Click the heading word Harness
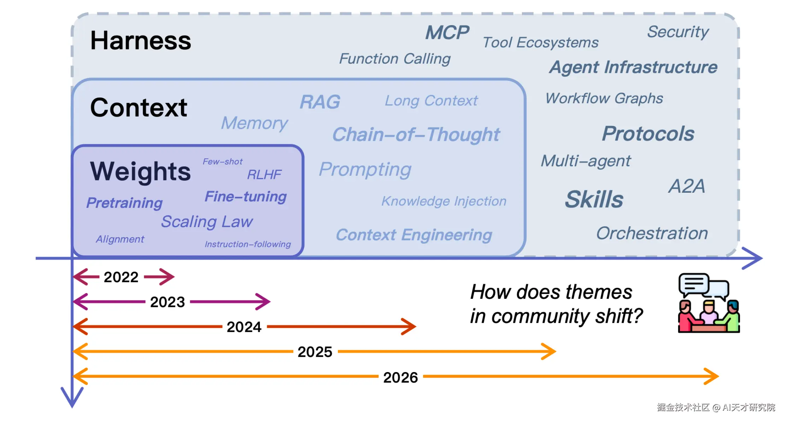(x=141, y=40)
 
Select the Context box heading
(x=139, y=108)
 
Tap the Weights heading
(x=140, y=172)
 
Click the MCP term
(x=447, y=33)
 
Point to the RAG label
(x=320, y=102)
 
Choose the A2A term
(x=686, y=186)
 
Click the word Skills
(x=594, y=199)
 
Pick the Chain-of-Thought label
(x=416, y=134)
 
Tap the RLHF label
(x=264, y=174)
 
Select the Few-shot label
(x=223, y=162)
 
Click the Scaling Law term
(x=207, y=222)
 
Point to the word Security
(x=678, y=32)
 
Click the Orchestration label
(x=652, y=233)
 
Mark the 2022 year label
(x=121, y=277)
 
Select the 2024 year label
(x=244, y=327)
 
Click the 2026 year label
(x=400, y=377)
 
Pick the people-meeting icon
(x=709, y=303)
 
